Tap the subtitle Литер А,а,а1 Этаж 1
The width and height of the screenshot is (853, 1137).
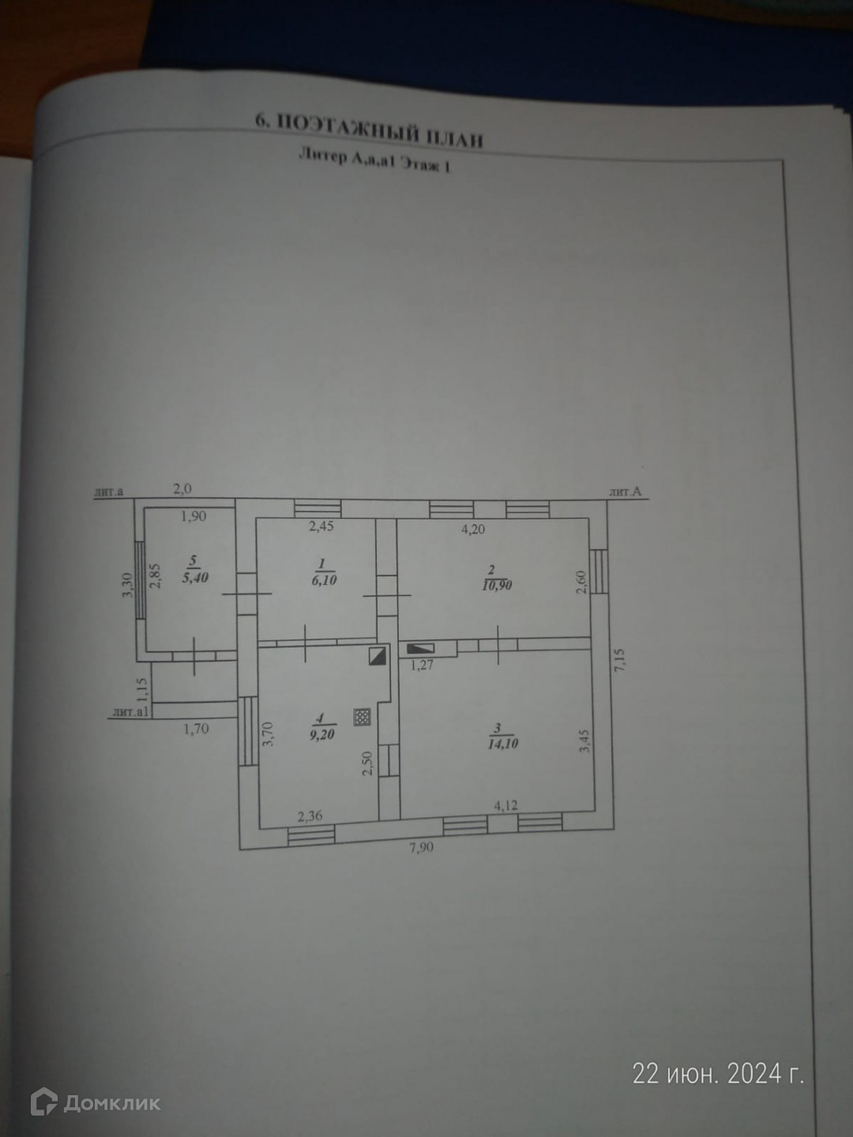pos(374,161)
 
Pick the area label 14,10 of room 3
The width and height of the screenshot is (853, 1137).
pos(502,743)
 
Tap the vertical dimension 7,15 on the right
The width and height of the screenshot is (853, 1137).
pos(619,659)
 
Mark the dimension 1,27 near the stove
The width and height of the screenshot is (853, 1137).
pos(422,665)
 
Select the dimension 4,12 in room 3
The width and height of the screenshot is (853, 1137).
pos(505,806)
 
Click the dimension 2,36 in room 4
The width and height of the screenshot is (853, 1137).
pos(310,816)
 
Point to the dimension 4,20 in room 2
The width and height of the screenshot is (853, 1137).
pos(473,529)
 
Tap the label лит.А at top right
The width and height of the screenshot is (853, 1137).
pos(625,492)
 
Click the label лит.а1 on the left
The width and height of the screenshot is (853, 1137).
pos(131,711)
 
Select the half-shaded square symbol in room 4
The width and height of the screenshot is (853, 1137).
pos(378,655)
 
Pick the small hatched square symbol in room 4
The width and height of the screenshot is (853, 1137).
pos(363,717)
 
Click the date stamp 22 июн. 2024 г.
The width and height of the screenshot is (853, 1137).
pos(718,1074)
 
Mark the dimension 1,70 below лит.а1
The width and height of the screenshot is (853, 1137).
pos(196,729)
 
